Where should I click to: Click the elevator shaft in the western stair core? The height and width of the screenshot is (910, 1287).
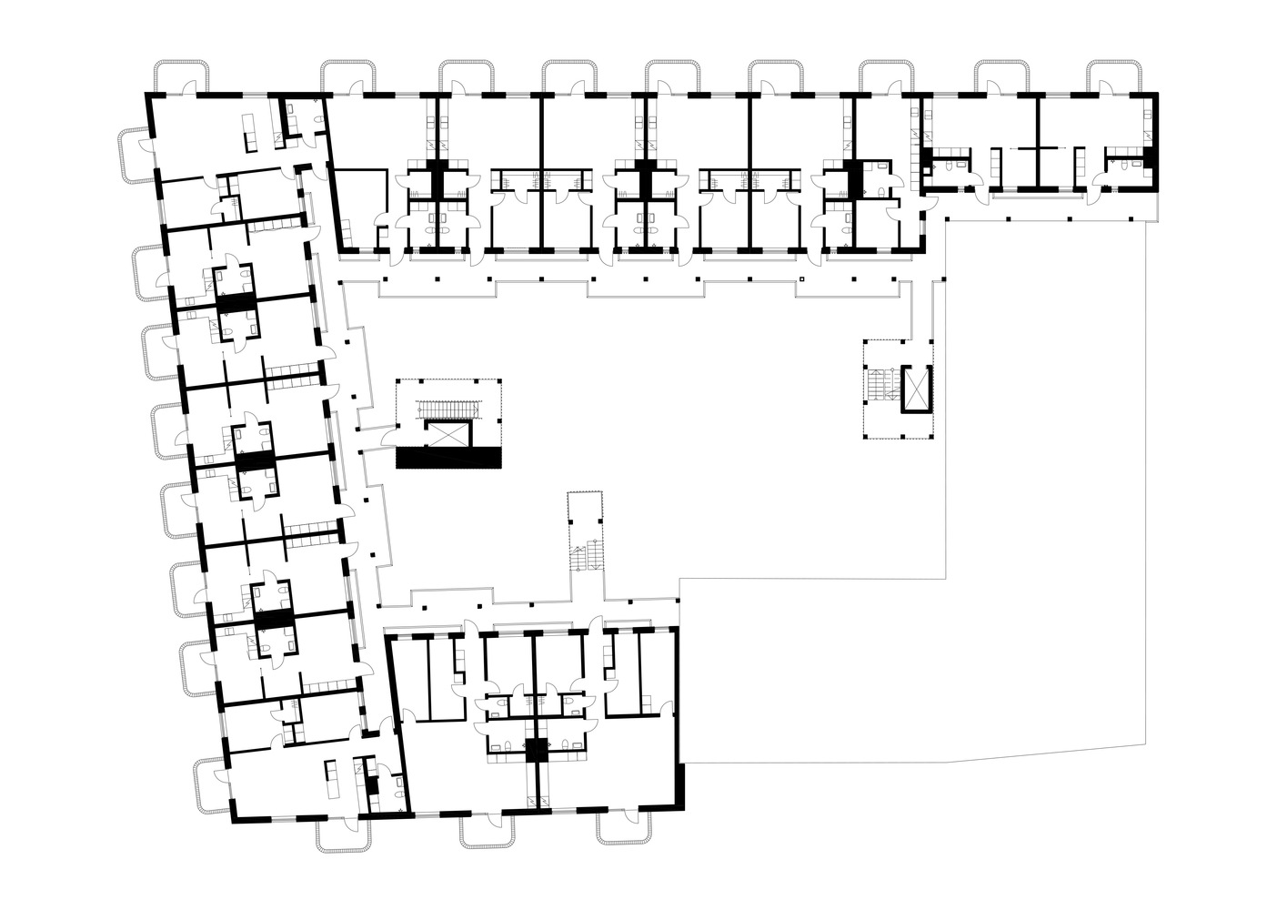[x=448, y=434]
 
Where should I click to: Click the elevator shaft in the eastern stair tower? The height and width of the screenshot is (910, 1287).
[x=917, y=389]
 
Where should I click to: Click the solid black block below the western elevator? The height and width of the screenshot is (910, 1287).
[x=449, y=458]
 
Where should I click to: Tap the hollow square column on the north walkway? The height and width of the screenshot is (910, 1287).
[x=802, y=279]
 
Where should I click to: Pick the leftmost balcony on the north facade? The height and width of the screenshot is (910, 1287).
[x=182, y=76]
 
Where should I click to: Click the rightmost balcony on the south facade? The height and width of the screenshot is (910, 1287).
[x=624, y=828]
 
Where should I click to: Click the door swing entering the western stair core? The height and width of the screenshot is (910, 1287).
[x=389, y=438]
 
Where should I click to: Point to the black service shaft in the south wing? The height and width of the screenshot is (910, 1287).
[x=536, y=749]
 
